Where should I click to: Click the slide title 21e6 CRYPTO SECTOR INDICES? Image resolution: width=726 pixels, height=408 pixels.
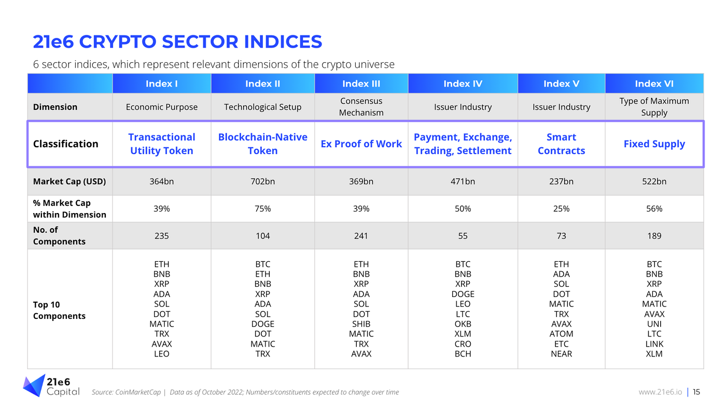[177, 41]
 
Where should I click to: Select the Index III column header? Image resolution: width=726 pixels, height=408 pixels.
[361, 83]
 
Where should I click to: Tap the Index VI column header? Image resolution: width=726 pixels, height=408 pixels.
[654, 83]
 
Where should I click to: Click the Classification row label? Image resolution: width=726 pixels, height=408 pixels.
[65, 144]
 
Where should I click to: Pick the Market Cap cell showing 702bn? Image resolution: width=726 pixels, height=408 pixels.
[262, 181]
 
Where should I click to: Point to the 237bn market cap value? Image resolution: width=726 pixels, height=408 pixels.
[561, 181]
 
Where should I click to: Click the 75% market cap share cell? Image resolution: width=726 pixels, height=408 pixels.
[262, 208]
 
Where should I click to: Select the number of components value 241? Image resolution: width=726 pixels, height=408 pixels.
[361, 236]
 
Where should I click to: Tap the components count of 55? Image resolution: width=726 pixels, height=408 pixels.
[463, 236]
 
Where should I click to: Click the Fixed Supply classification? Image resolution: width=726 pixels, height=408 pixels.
[654, 144]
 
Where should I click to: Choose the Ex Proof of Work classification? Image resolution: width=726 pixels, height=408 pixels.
[361, 144]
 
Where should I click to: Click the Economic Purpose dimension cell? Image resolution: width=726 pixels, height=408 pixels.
[161, 107]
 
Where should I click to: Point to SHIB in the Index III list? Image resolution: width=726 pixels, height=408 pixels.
[361, 324]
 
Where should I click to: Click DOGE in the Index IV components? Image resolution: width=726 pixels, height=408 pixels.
[463, 294]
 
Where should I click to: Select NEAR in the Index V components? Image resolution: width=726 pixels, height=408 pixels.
[561, 354]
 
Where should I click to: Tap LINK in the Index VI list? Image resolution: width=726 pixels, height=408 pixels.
[654, 344]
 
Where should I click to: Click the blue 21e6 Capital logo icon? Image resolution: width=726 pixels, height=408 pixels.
[34, 386]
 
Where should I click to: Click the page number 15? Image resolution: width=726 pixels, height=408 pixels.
[696, 392]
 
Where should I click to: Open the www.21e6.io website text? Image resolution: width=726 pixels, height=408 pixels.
[660, 392]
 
